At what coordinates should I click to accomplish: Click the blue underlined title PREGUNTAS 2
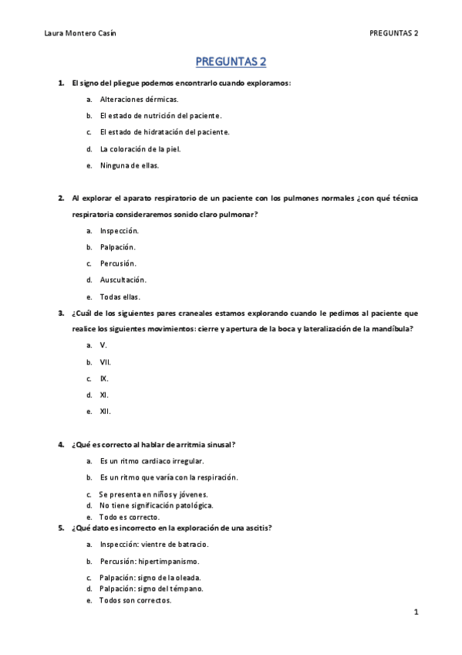click(x=231, y=62)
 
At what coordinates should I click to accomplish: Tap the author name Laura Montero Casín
click(x=81, y=33)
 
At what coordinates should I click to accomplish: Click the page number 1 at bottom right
click(x=416, y=613)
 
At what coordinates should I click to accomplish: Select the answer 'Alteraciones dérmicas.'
click(x=139, y=100)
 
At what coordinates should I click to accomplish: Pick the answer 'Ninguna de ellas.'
click(x=129, y=165)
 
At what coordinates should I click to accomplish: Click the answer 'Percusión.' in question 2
click(x=118, y=263)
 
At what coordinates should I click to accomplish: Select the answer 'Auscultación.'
click(x=123, y=280)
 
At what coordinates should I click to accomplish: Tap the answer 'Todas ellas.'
click(x=120, y=297)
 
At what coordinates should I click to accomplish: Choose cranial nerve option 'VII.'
click(x=106, y=362)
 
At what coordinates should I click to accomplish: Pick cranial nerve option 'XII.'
click(x=106, y=412)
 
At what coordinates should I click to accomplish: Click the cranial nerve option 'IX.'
click(x=104, y=378)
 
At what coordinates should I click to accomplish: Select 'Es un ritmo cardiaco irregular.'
click(x=152, y=461)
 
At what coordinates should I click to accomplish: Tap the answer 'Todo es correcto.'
click(x=129, y=517)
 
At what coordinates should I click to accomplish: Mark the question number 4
click(x=60, y=445)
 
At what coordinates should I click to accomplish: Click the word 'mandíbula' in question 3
click(x=393, y=329)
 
